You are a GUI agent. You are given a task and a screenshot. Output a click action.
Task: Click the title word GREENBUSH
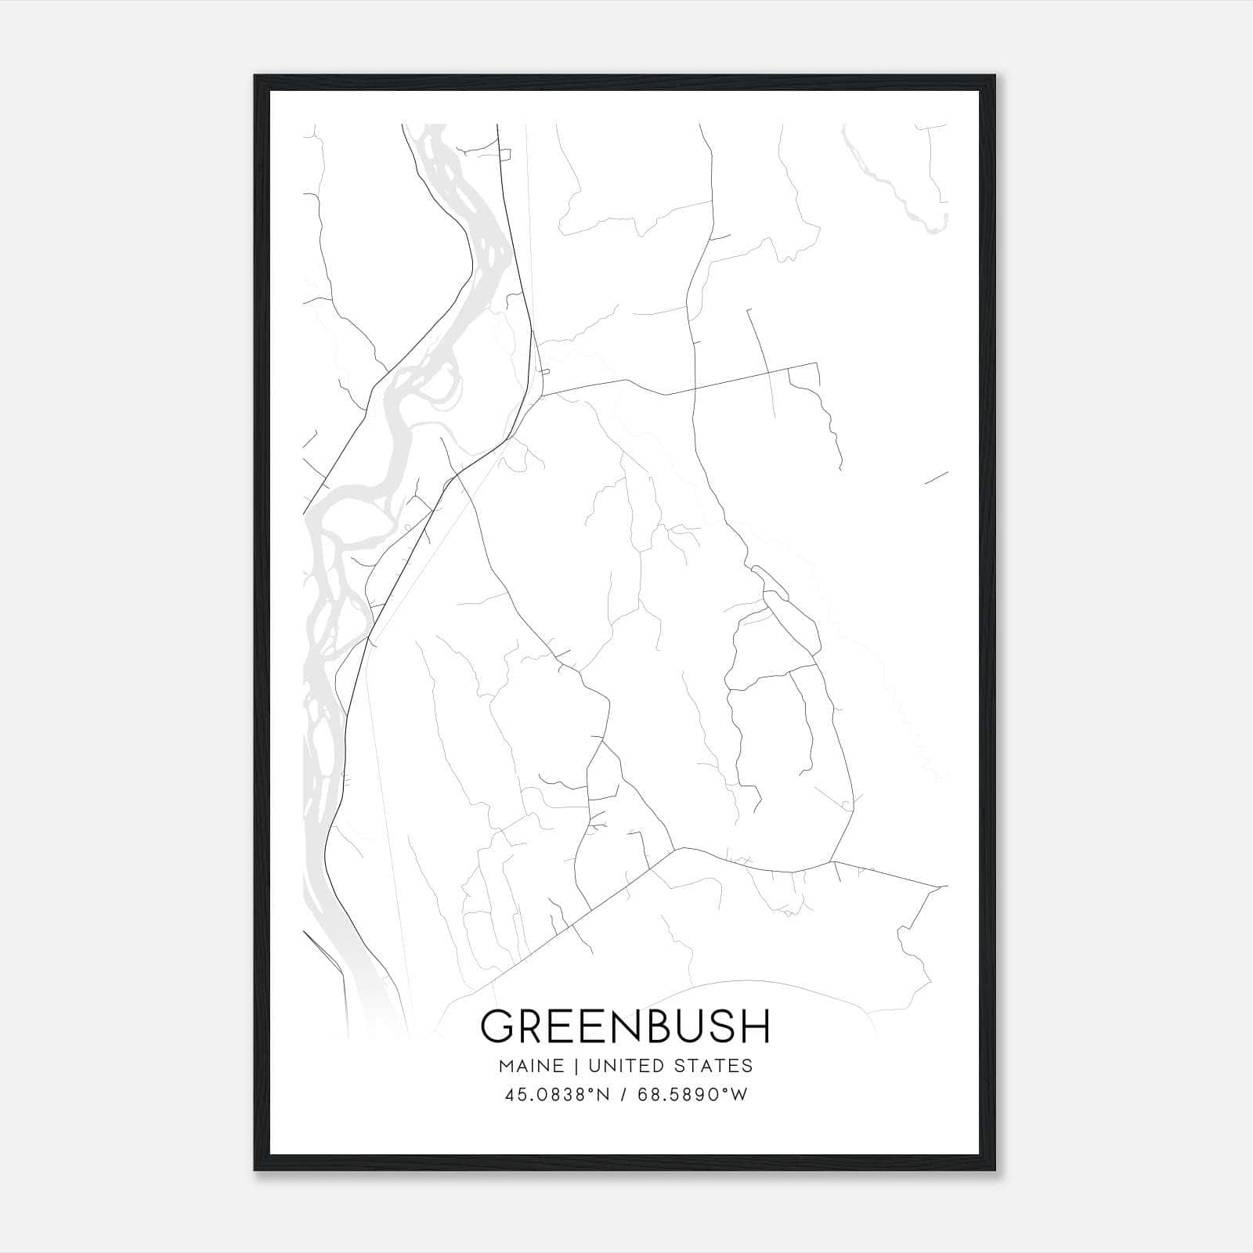pyautogui.click(x=625, y=1025)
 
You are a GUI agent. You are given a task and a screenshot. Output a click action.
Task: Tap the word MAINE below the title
pyautogui.click(x=529, y=1065)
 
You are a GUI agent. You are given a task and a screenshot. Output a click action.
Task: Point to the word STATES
pyautogui.click(x=716, y=1065)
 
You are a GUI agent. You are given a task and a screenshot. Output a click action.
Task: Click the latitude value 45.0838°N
pyautogui.click(x=557, y=1095)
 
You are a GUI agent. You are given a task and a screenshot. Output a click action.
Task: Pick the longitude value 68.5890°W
pyautogui.click(x=692, y=1095)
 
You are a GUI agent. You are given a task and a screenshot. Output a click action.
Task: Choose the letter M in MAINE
pyautogui.click(x=505, y=1065)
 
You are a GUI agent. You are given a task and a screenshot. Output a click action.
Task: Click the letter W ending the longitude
pyautogui.click(x=738, y=1095)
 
